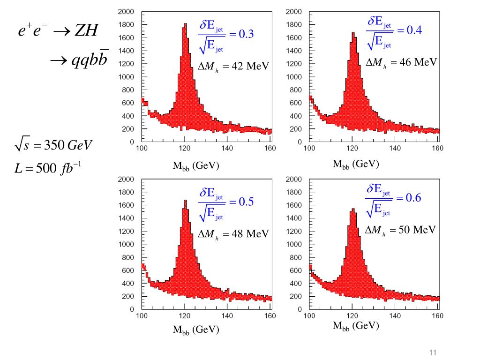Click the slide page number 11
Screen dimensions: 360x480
pos(432,353)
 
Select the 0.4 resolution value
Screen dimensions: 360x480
pos(414,30)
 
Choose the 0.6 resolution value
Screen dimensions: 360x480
pos(413,198)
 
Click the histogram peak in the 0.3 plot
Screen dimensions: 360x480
pos(185,24)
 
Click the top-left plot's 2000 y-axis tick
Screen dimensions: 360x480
pos(126,11)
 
